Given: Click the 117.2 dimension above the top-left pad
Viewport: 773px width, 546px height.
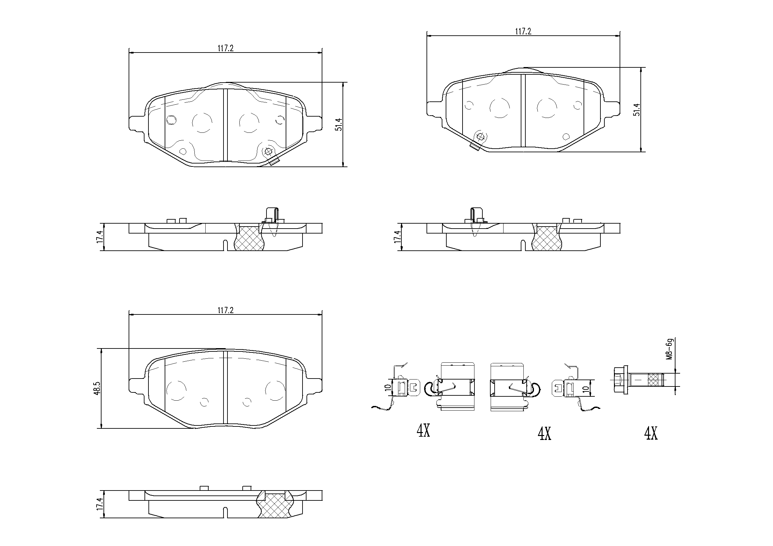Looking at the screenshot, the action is point(225,48).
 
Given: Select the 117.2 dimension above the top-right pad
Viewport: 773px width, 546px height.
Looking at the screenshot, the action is point(523,31).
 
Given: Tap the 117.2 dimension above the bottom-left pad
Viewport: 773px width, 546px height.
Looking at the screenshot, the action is point(225,310).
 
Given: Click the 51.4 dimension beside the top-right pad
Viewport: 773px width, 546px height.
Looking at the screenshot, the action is point(636,110).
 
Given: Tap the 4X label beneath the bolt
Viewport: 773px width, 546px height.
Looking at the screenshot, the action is point(650,433).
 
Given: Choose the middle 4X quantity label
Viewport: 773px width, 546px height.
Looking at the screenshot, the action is point(544,434).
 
